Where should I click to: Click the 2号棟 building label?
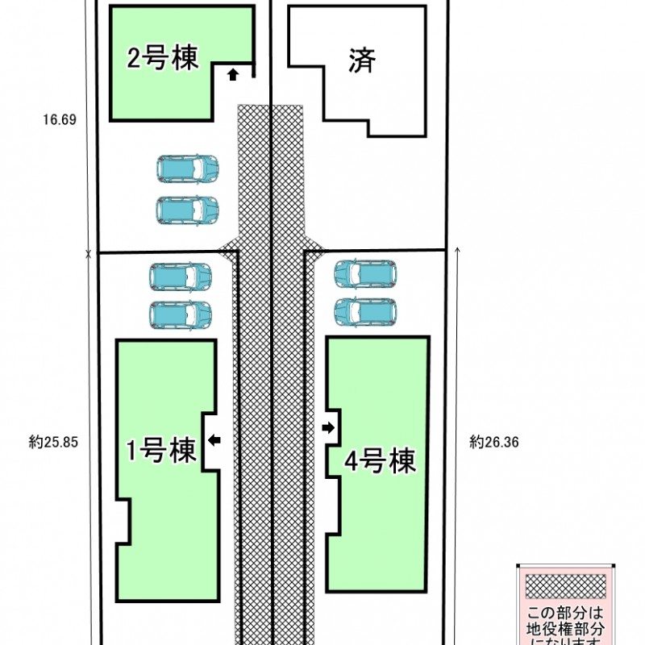(x=162, y=58)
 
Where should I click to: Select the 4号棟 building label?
(x=380, y=461)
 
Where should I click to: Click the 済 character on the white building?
(x=363, y=60)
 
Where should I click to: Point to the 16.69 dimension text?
(x=59, y=120)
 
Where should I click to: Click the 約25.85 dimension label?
(x=53, y=442)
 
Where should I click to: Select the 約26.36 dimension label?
(x=493, y=442)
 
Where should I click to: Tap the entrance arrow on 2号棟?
(x=233, y=75)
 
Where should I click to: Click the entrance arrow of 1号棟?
(x=214, y=439)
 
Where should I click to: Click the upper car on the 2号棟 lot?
(x=187, y=169)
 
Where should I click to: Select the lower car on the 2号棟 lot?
(x=187, y=210)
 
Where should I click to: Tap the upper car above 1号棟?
(x=181, y=277)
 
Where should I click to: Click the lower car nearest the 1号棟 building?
(x=181, y=314)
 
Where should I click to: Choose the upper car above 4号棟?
(x=365, y=273)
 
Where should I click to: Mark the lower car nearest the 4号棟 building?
(x=365, y=311)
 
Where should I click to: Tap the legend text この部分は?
(x=564, y=612)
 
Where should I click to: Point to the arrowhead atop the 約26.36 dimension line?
(x=457, y=251)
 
